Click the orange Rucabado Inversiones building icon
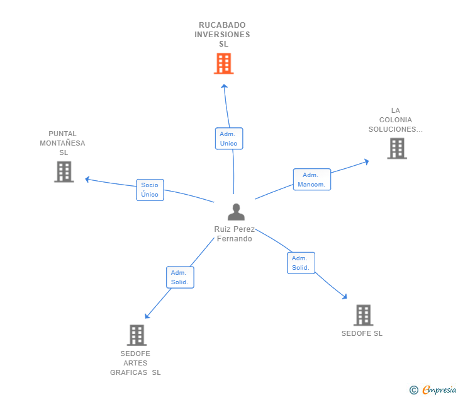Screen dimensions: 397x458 (223, 64)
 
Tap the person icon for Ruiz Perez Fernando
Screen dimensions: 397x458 (236, 212)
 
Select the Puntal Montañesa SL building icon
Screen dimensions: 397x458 (64, 171)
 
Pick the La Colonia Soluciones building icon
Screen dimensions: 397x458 (396, 148)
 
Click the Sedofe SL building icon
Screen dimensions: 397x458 (363, 315)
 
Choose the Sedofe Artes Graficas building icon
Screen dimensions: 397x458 (137, 335)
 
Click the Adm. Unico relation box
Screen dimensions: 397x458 (228, 139)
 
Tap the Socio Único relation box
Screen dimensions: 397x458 (150, 190)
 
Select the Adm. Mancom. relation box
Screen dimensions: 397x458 (311, 180)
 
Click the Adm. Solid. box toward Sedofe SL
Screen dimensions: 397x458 (301, 263)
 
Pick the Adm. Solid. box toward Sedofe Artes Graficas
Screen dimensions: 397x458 (180, 277)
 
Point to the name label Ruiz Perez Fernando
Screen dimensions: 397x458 (234, 234)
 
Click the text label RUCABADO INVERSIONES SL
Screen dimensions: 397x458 (222, 35)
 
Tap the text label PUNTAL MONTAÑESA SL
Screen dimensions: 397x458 (63, 143)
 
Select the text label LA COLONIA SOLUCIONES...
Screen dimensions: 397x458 (396, 120)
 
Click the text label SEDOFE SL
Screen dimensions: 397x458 (362, 333)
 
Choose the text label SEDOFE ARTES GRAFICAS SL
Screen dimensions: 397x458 (135, 363)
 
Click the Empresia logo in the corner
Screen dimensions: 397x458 (433, 390)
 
